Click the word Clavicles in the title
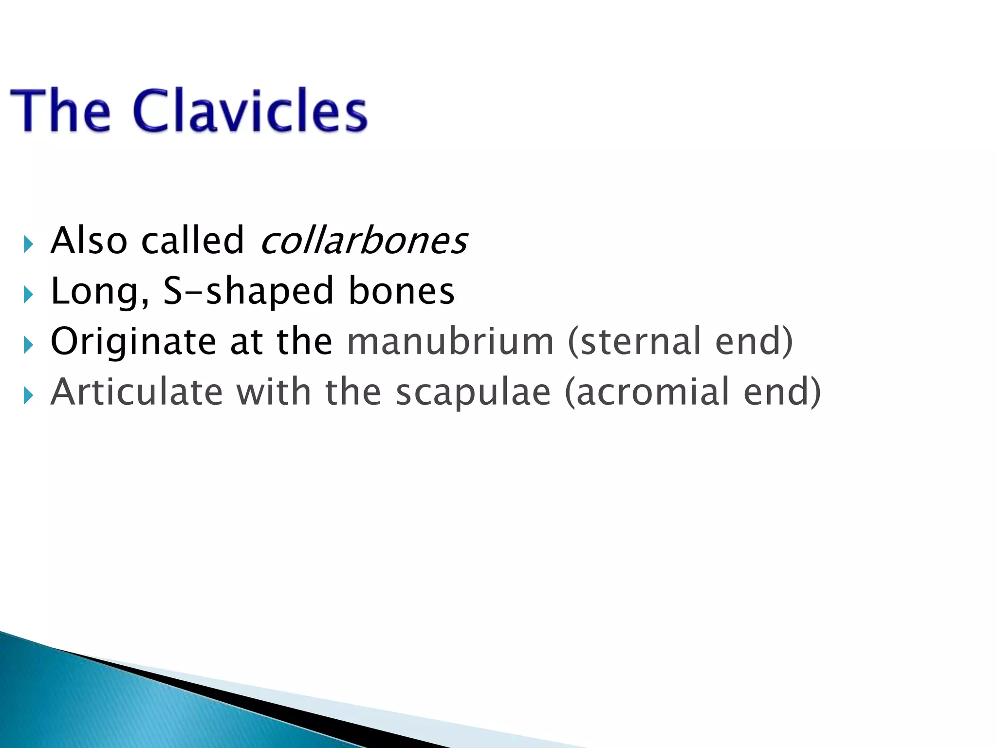click(250, 111)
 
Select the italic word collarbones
click(364, 241)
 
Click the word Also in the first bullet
click(89, 241)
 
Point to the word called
click(192, 241)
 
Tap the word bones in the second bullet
click(402, 291)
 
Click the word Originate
click(133, 342)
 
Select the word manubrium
click(450, 342)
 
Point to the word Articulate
click(137, 393)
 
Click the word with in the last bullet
click(274, 393)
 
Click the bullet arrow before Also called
click(28, 244)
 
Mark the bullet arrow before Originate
click(28, 345)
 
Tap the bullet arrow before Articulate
click(28, 396)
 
